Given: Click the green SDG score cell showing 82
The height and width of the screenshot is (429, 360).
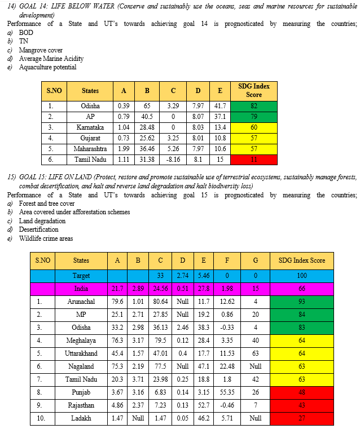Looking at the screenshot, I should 253,106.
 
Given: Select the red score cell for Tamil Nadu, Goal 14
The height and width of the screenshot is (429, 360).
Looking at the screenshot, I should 253,160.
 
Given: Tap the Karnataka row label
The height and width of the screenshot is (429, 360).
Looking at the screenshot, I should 90,127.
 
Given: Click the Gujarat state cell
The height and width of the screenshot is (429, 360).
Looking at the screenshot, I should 90,138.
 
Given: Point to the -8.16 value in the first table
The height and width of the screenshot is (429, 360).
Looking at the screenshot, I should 173,160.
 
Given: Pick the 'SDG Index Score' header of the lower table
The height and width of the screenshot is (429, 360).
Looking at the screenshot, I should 302,260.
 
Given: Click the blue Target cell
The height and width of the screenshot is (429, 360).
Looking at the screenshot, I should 81,276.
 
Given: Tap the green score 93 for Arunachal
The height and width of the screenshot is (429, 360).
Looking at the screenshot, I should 302,302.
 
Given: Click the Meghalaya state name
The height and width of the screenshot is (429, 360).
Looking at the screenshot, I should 81,340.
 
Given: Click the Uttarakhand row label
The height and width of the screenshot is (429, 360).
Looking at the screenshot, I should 81,354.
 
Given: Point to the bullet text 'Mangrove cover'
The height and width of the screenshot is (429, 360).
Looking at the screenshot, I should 41,50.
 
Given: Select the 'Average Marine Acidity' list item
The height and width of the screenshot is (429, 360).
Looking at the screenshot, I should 51,59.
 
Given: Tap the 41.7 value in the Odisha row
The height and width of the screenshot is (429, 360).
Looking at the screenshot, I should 221,106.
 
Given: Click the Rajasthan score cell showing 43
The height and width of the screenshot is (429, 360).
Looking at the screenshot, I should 302,406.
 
